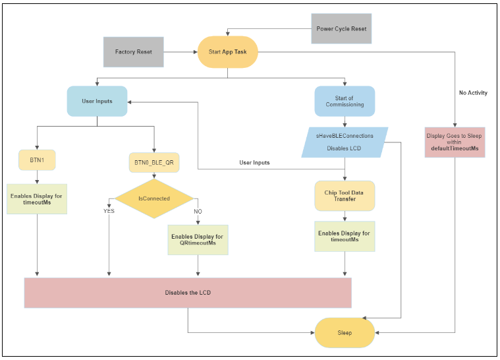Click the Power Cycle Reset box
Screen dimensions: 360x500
[341, 29]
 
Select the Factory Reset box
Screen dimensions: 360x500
[133, 51]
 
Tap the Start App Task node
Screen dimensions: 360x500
[227, 51]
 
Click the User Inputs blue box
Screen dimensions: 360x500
[97, 101]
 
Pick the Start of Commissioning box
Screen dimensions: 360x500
[345, 102]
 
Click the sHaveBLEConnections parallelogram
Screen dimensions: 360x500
[345, 142]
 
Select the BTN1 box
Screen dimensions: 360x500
[37, 160]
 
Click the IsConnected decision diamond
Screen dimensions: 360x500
[154, 198]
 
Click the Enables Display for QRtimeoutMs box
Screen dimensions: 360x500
[198, 240]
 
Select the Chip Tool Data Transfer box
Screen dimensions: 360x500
[345, 196]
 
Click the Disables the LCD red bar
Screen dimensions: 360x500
[188, 293]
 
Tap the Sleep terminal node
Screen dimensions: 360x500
[345, 332]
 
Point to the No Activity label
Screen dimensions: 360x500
[473, 93]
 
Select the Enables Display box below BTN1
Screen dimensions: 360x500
[37, 199]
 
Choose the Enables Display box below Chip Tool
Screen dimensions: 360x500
[345, 237]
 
